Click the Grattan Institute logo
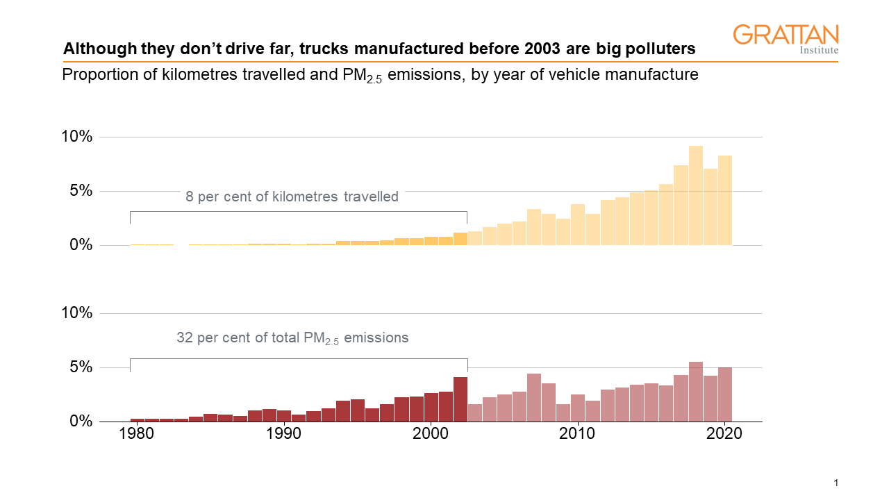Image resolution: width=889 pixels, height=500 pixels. click(786, 39)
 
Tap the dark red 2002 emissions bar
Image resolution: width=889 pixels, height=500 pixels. click(460, 399)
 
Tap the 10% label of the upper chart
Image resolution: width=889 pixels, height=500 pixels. click(76, 137)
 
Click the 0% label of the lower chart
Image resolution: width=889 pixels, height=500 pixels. click(80, 422)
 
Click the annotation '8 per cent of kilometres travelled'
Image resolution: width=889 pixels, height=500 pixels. click(292, 197)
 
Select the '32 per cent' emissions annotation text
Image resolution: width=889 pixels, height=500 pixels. click(292, 339)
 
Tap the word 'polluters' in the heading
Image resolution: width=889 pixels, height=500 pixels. click(659, 49)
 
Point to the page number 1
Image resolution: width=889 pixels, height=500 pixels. click(836, 483)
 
